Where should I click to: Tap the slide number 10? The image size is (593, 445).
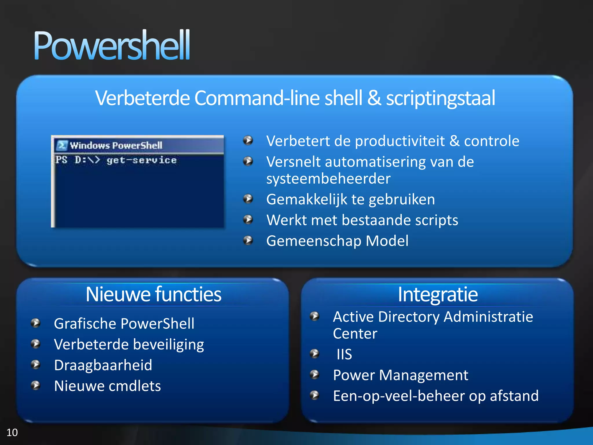12,433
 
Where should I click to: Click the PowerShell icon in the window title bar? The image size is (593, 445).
62,145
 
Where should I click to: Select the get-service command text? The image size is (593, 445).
141,160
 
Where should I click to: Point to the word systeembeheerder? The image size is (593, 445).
328,178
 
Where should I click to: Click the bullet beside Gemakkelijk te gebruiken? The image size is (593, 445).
248,199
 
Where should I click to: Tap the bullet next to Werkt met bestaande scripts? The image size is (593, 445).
248,220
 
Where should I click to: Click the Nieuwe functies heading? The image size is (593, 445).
153,294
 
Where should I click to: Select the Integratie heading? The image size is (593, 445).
438,294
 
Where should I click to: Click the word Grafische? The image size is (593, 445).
85,324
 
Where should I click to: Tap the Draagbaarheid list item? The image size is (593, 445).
103,365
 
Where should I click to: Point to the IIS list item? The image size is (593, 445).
344,354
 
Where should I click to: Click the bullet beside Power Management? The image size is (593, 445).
314,375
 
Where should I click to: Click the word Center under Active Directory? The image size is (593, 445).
355,333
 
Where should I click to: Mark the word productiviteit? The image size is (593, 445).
400,141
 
